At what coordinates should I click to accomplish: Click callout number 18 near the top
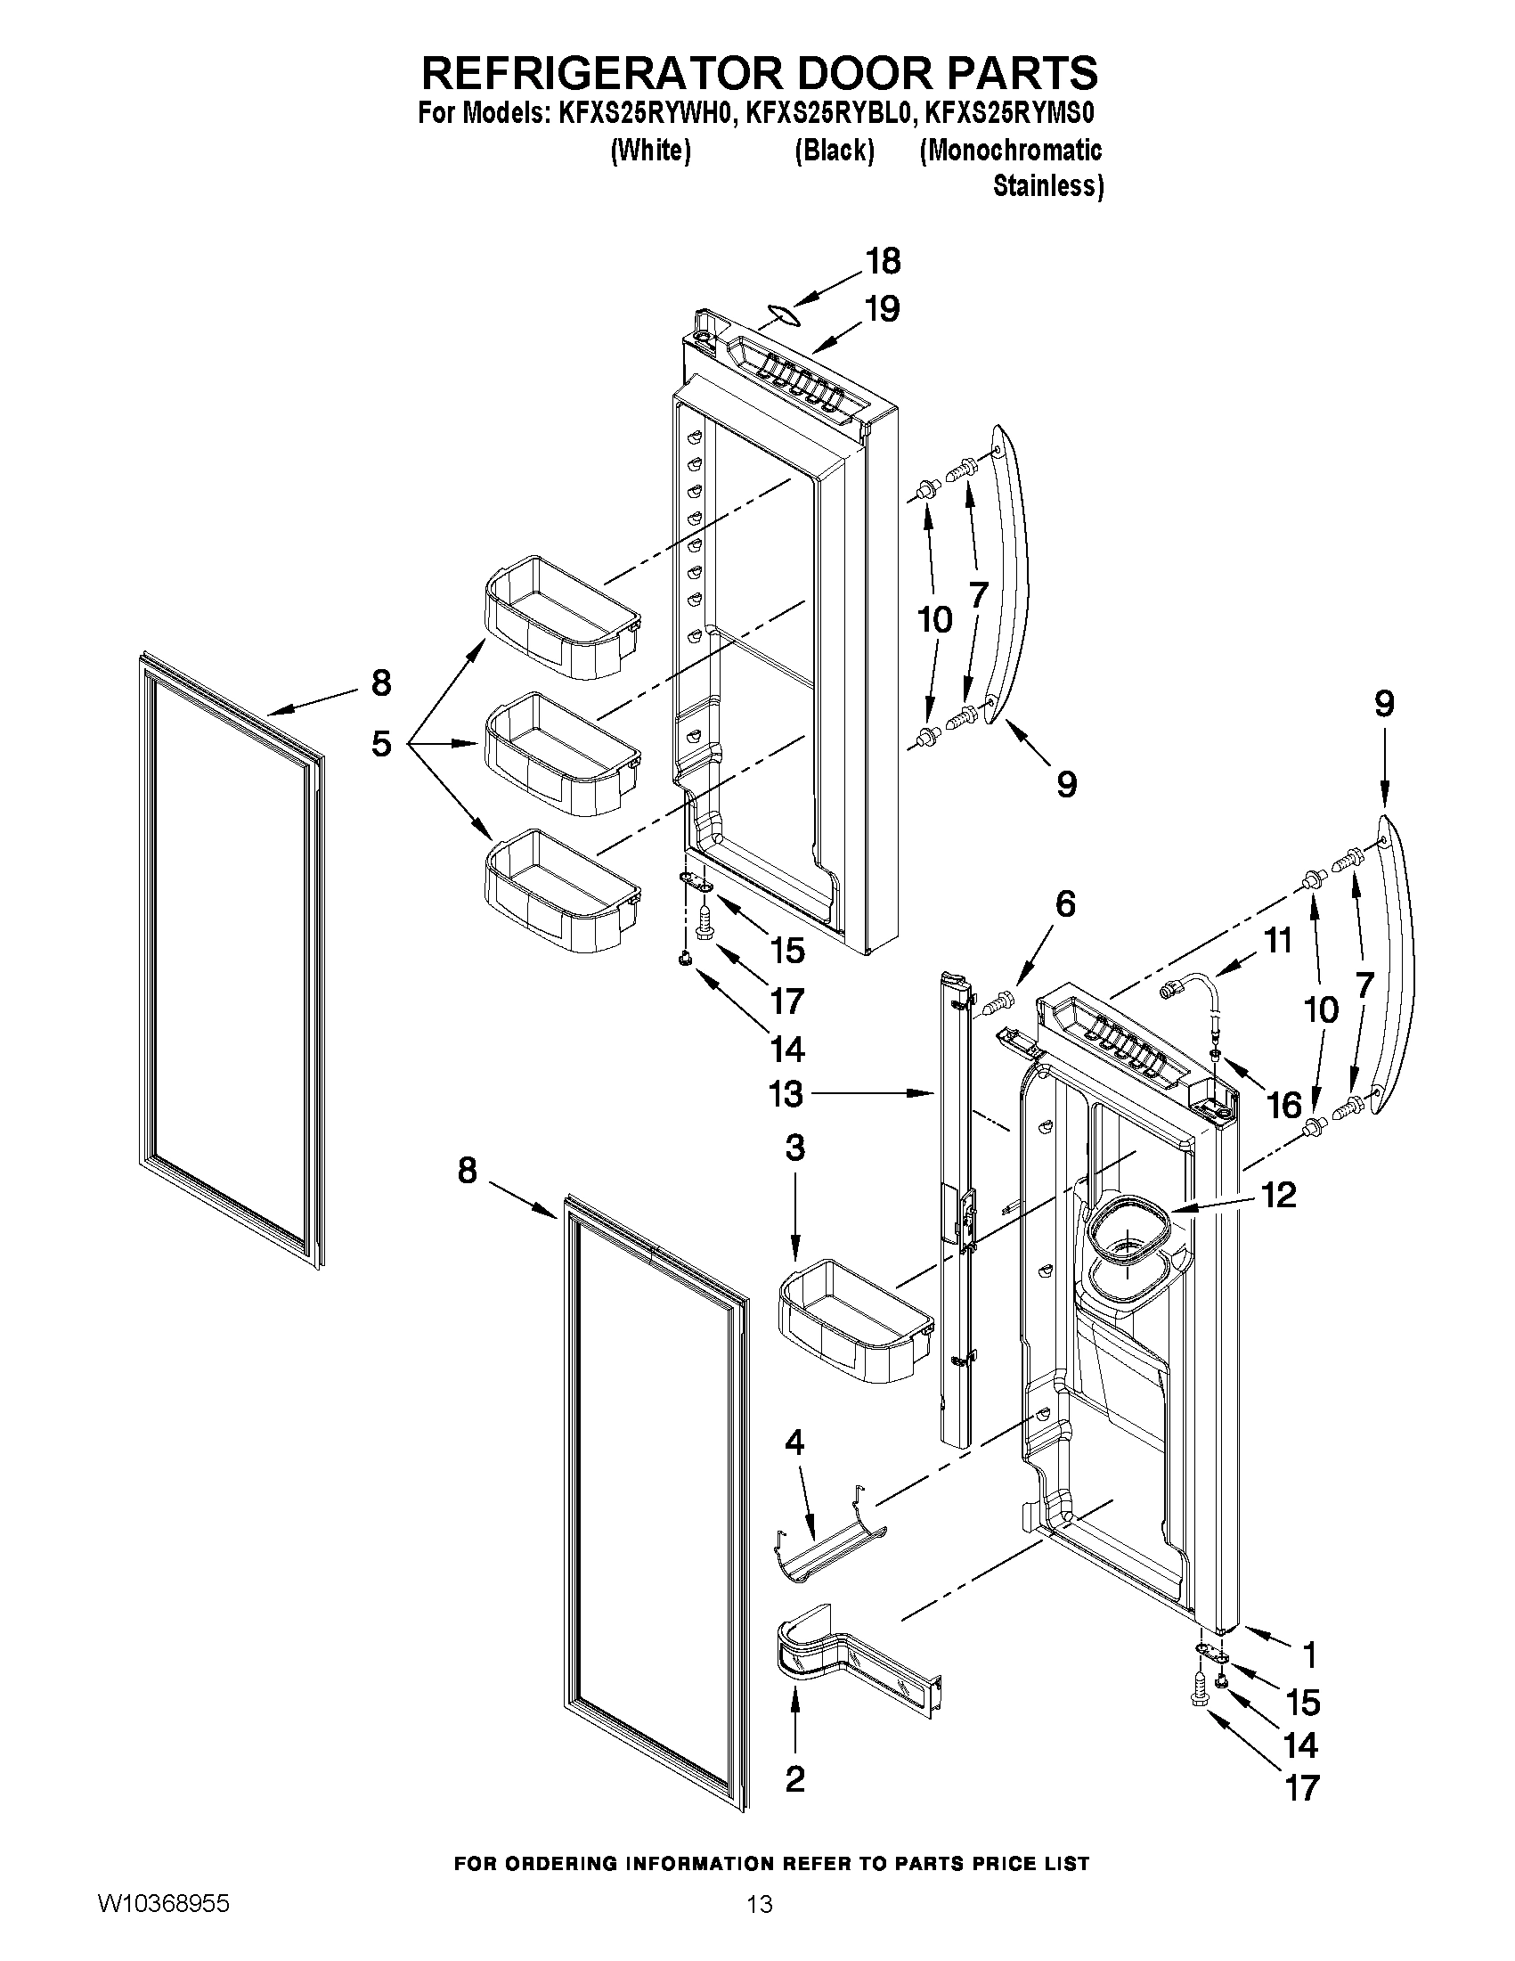coord(883,261)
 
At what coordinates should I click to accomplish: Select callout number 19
coord(883,309)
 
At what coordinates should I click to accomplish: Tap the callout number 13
coord(786,1093)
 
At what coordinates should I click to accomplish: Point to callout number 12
coord(1278,1195)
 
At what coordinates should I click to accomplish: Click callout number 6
coord(1064,904)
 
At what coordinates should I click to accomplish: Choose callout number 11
coord(1278,940)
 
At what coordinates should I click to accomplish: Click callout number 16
coord(1284,1106)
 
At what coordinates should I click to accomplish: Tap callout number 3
coord(794,1148)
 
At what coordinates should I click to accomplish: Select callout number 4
coord(794,1443)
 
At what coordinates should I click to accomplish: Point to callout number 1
coord(1308,1653)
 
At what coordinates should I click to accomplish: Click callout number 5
coord(381,743)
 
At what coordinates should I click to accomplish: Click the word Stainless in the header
coord(1047,186)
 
